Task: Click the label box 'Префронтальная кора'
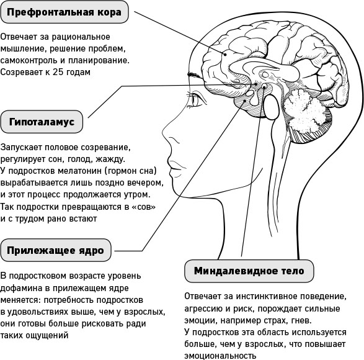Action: coord(64,12)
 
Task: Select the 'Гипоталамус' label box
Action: coord(42,122)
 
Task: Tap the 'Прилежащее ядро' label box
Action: coord(56,250)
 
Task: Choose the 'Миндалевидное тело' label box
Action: coord(249,271)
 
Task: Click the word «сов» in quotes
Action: coord(143,207)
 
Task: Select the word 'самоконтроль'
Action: coord(29,60)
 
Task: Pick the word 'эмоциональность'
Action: coord(220,356)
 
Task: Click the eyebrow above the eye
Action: coord(194,74)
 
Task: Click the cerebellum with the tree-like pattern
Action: coord(304,112)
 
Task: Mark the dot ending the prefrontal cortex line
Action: coord(225,55)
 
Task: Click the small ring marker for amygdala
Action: coord(264,87)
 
